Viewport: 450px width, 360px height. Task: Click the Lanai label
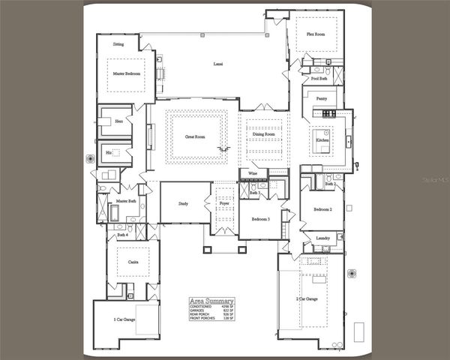point(218,64)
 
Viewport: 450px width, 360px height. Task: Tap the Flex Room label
point(315,34)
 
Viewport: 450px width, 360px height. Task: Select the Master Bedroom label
point(128,74)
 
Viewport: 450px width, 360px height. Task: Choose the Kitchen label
point(322,140)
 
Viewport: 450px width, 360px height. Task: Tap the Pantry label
point(321,98)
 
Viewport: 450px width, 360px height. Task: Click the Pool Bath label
point(319,79)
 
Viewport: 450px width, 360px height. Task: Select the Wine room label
point(253,174)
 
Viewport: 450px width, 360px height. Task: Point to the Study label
point(183,203)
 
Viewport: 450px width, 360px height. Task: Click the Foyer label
point(223,203)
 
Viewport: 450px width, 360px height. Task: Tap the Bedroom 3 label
point(260,218)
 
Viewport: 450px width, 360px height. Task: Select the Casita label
point(132,262)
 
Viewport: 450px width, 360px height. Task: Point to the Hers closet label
point(118,121)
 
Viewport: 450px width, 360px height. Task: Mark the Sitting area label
point(118,44)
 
